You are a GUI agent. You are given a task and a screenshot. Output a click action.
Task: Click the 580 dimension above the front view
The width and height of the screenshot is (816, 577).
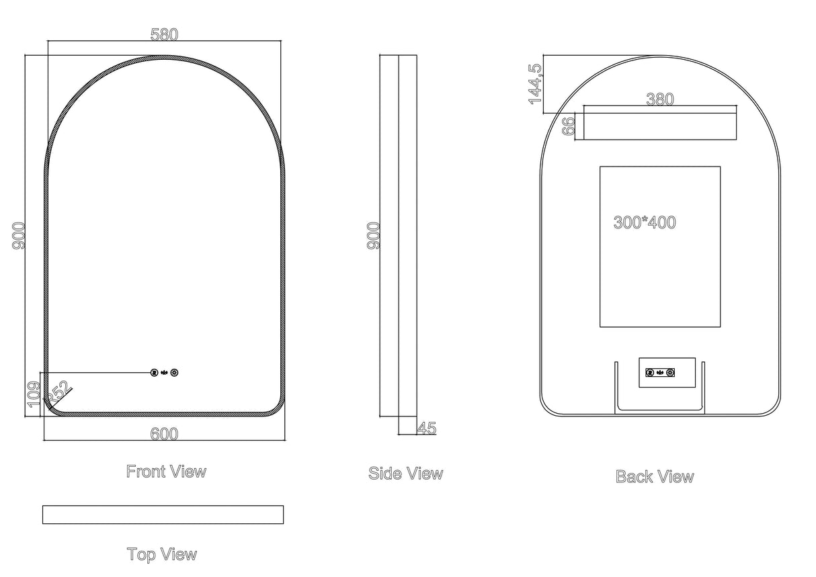pos(164,35)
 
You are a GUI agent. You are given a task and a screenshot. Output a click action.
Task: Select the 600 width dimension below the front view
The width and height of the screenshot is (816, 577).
pos(164,434)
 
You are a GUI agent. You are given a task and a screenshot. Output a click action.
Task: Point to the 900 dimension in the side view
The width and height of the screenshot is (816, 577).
pos(374,236)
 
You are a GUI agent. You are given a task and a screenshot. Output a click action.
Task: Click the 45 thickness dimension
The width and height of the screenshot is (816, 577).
pos(427,428)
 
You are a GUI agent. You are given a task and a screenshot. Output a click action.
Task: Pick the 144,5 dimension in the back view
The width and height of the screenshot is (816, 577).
pos(535,83)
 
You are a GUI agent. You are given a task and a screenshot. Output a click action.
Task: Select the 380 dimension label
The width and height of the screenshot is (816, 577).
pos(659,99)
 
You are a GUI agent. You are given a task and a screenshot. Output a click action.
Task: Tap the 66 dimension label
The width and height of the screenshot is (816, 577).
pos(569,126)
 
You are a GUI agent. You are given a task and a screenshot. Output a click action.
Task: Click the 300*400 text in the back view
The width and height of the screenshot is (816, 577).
pos(645,222)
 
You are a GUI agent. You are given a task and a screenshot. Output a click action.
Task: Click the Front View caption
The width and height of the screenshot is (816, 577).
pos(166,472)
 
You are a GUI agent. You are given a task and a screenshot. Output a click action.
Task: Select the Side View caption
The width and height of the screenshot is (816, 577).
pos(405,474)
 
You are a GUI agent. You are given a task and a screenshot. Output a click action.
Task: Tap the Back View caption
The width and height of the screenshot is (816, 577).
pos(654,477)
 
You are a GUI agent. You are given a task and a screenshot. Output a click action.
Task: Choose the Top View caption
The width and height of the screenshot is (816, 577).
pos(162,554)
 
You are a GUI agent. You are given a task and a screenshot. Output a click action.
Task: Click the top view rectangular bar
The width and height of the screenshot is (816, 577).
pos(163,515)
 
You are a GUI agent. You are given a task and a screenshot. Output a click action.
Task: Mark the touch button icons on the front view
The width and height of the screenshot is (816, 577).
pos(165,372)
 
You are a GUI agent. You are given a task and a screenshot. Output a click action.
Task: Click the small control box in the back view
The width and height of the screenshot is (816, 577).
pos(667,372)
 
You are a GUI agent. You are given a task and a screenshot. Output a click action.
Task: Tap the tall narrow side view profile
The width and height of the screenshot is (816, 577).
pos(399,236)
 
